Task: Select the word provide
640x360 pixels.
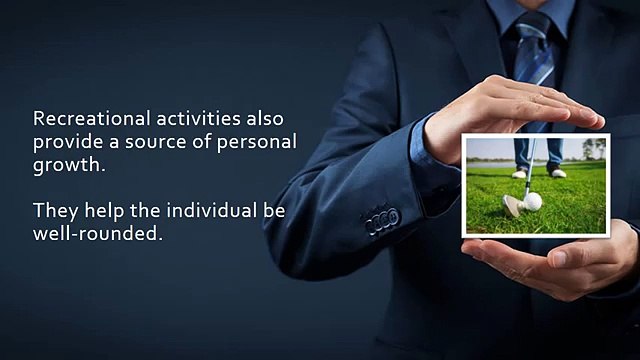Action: coord(68,141)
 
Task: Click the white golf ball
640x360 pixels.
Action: coord(533,202)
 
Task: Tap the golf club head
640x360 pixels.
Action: coord(512,206)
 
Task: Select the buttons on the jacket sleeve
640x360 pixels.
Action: coord(382,220)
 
